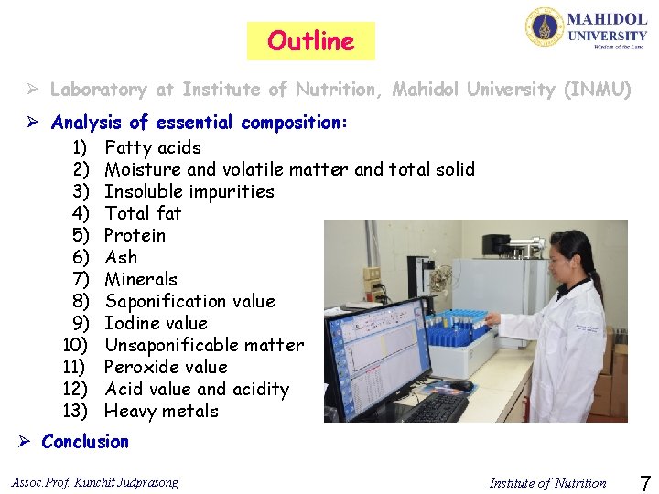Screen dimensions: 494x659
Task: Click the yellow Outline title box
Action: click(x=310, y=41)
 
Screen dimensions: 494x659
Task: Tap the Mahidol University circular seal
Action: click(x=544, y=27)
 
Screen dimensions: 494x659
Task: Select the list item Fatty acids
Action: click(x=153, y=147)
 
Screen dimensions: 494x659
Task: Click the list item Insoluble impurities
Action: click(x=189, y=191)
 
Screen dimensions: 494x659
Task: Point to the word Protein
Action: click(x=135, y=235)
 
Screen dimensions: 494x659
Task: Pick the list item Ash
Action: click(x=121, y=257)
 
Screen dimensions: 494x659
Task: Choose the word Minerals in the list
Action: click(x=141, y=279)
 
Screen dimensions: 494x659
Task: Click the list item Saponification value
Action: click(x=189, y=301)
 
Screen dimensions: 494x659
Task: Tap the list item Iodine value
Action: click(x=157, y=323)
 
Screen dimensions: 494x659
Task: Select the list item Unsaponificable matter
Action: click(x=204, y=345)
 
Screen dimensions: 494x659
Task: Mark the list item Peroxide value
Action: click(x=166, y=367)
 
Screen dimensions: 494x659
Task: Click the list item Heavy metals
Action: click(x=162, y=411)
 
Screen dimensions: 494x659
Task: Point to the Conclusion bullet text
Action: click(x=85, y=442)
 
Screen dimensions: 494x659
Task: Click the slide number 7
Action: click(x=643, y=482)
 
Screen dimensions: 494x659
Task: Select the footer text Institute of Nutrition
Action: click(x=547, y=483)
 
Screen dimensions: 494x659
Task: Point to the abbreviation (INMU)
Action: click(x=598, y=90)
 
